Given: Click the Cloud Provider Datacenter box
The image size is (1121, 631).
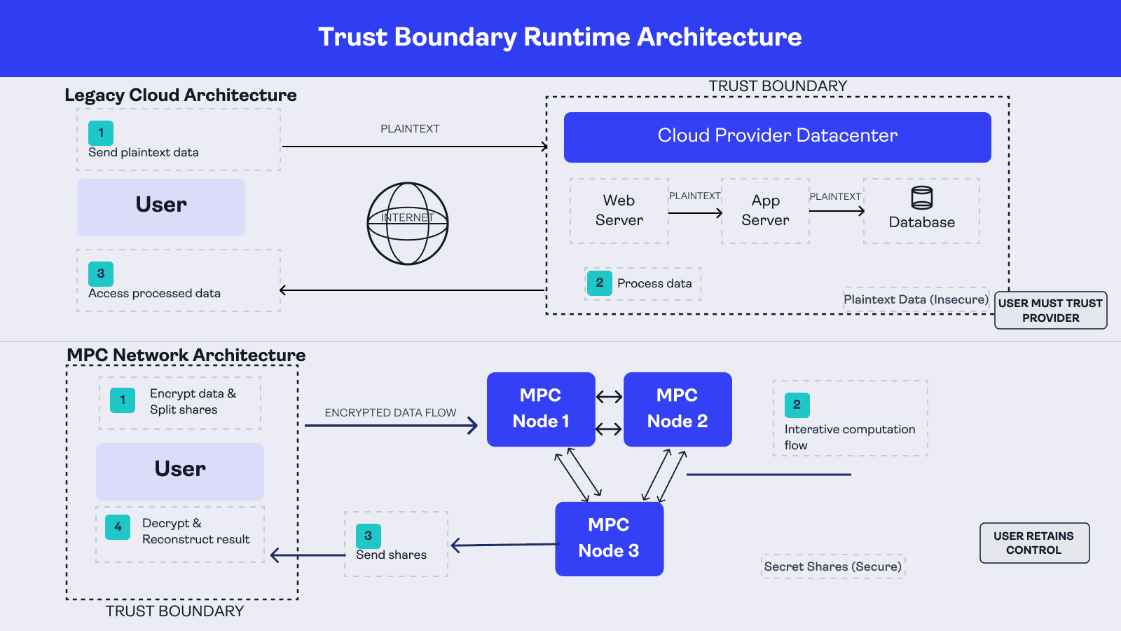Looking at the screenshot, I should click(x=777, y=137).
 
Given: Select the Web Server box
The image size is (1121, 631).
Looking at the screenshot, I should click(x=619, y=210).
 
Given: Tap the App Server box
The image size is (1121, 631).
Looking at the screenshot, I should click(x=765, y=210).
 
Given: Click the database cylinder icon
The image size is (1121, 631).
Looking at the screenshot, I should click(x=921, y=198).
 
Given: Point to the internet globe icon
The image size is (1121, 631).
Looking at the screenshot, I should click(x=408, y=224).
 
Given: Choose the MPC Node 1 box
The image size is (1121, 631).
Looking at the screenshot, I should click(x=541, y=409).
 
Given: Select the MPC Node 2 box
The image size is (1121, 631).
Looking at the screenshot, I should click(x=678, y=409).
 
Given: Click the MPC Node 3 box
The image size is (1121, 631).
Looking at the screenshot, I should click(x=609, y=538).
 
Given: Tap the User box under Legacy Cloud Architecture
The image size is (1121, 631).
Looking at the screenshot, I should click(x=161, y=207).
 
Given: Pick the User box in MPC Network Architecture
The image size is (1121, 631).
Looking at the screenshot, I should click(x=180, y=471).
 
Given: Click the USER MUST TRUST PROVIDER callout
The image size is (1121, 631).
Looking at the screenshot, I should click(x=1050, y=310).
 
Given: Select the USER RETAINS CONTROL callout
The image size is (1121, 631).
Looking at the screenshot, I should click(x=1034, y=543).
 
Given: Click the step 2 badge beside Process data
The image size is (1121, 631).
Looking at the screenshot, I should click(x=599, y=283).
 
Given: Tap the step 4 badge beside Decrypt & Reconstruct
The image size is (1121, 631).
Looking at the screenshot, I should click(x=118, y=527).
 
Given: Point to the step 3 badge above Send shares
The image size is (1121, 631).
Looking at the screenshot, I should click(x=368, y=536).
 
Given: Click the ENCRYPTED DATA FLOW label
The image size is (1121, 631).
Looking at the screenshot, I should click(x=390, y=413).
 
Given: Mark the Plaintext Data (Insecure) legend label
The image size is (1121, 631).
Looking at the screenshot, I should click(x=916, y=299).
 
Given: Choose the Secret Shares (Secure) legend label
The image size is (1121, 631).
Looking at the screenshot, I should click(x=833, y=566).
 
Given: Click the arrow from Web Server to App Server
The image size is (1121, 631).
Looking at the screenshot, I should click(x=695, y=212).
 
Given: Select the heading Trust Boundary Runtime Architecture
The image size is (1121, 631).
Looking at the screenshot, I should click(x=560, y=37).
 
